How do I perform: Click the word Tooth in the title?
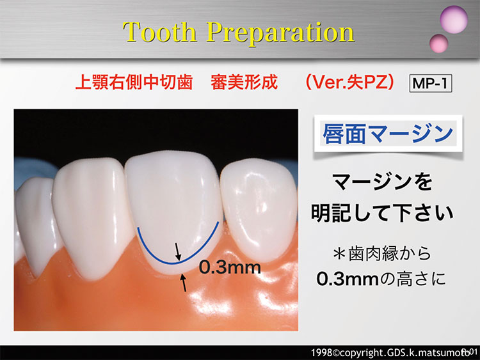(x=159, y=32)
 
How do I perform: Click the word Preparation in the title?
(x=281, y=34)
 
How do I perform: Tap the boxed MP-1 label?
(x=431, y=83)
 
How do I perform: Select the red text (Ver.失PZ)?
(x=349, y=82)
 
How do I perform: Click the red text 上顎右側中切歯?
(x=134, y=82)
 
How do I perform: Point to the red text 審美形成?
(x=244, y=82)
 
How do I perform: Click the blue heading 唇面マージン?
(x=388, y=134)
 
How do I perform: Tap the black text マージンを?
(x=382, y=182)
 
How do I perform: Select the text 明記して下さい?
(x=382, y=213)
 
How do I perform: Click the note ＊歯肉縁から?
(x=382, y=254)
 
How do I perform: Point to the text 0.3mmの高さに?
(x=381, y=279)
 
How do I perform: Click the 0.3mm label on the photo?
(x=230, y=267)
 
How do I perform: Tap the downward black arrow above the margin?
(x=177, y=252)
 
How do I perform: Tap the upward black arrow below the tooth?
(x=184, y=283)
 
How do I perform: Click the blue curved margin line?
(x=177, y=263)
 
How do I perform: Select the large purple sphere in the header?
(x=454, y=20)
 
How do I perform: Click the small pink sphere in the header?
(x=438, y=43)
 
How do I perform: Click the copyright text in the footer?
(x=394, y=353)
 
